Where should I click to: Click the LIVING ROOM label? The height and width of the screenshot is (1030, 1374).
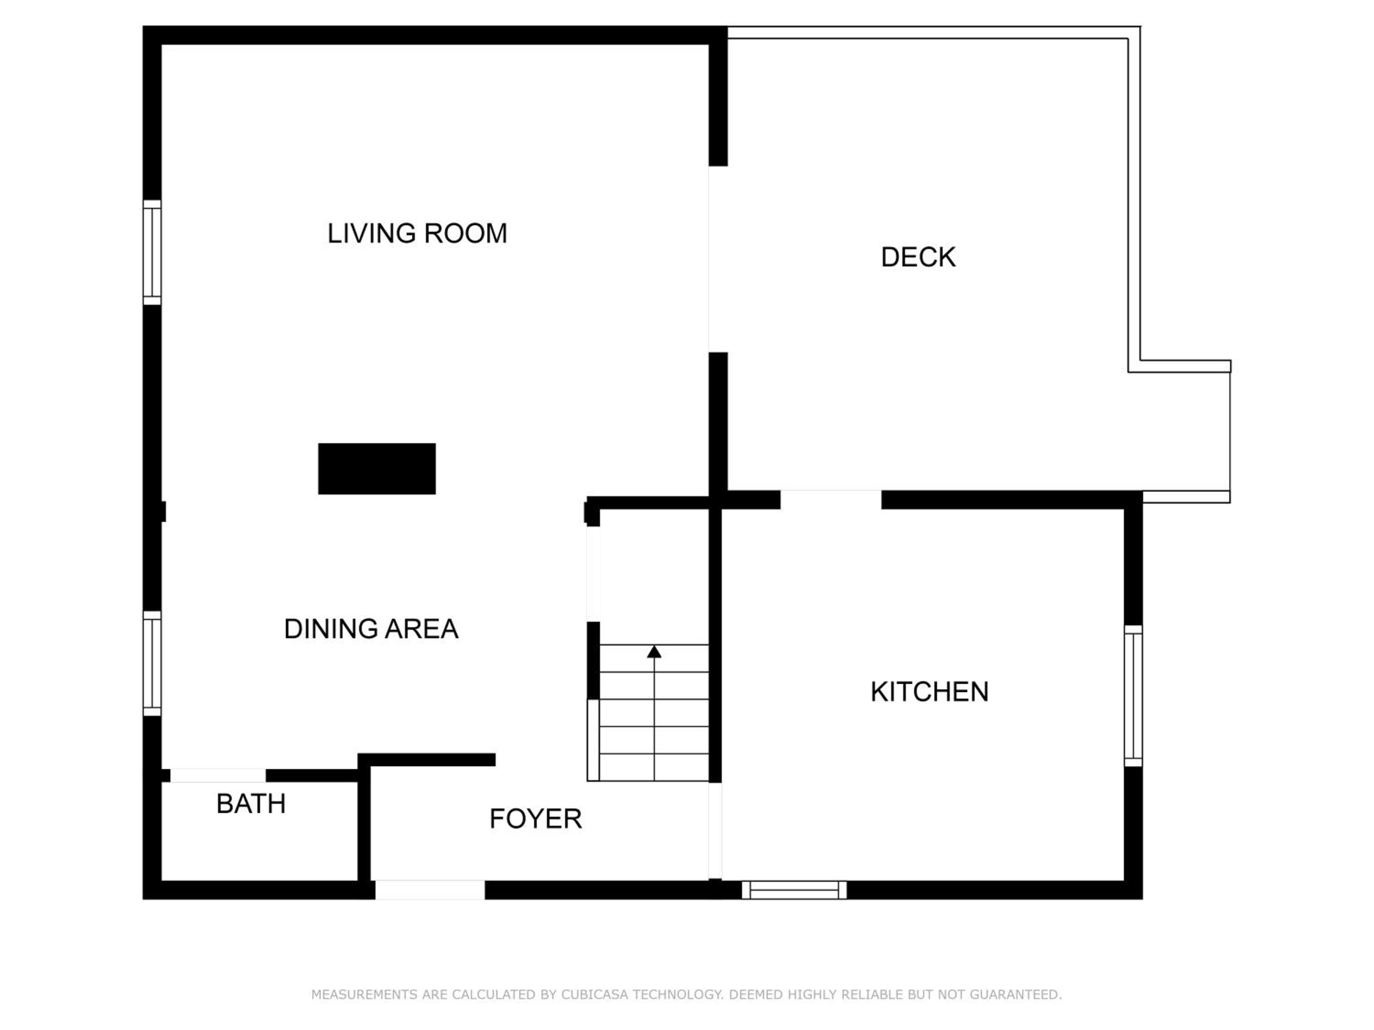pyautogui.click(x=417, y=233)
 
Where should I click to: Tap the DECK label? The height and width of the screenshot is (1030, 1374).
pyautogui.click(x=918, y=257)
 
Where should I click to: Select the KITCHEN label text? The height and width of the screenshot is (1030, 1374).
pyautogui.click(x=929, y=692)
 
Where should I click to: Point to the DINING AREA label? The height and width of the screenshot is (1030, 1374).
pyautogui.click(x=371, y=629)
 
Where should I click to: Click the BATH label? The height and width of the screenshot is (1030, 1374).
pyautogui.click(x=251, y=804)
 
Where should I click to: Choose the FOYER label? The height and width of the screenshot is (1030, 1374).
pyautogui.click(x=535, y=819)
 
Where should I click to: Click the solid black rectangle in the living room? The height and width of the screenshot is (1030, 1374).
pyautogui.click(x=377, y=469)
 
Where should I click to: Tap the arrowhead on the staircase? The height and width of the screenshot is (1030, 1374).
pyautogui.click(x=654, y=651)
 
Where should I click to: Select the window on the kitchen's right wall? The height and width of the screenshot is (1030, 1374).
pyautogui.click(x=1134, y=696)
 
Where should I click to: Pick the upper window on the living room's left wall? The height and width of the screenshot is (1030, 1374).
pyautogui.click(x=152, y=252)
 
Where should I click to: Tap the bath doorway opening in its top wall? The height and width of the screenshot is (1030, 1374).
pyautogui.click(x=218, y=775)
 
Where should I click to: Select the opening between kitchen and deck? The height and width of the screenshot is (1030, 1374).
pyautogui.click(x=831, y=500)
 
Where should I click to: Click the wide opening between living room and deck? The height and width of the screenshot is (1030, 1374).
pyautogui.click(x=718, y=260)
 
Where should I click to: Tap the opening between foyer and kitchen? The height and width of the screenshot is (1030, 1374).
pyautogui.click(x=715, y=831)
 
